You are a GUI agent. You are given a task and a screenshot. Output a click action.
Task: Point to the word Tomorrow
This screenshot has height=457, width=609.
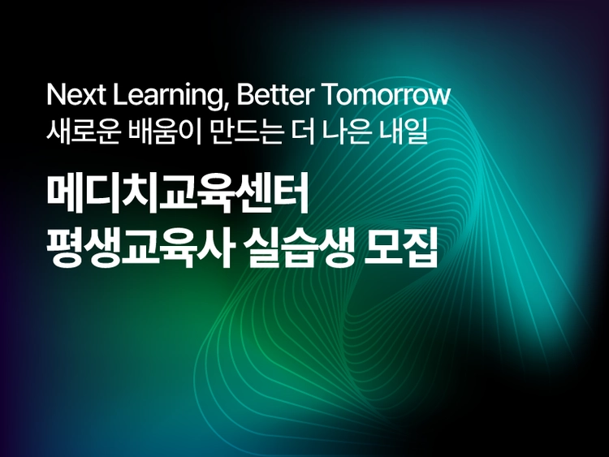click(386, 96)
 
